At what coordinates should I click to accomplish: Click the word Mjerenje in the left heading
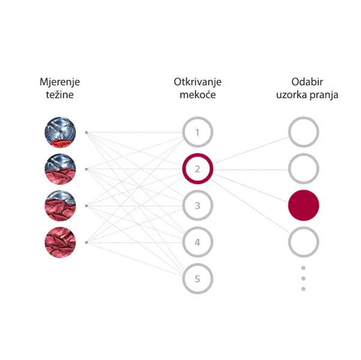(60, 82)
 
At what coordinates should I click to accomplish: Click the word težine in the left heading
(60, 95)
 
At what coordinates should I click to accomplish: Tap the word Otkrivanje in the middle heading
(198, 82)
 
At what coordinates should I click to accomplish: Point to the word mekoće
(198, 95)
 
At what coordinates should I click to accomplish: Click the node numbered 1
(198, 132)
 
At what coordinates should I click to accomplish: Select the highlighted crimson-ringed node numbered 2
(198, 169)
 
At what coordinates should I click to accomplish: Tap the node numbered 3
(198, 206)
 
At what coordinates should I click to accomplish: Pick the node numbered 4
(198, 242)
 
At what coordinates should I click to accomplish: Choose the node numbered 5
(198, 279)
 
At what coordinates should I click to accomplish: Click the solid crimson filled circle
(303, 206)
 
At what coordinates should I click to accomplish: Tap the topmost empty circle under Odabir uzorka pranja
(303, 132)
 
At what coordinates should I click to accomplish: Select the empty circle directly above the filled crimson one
(303, 169)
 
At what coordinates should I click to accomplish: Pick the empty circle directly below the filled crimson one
(303, 242)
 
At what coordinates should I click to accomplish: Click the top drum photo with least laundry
(60, 132)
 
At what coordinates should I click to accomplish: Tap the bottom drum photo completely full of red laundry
(60, 242)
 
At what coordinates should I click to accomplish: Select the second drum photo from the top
(60, 169)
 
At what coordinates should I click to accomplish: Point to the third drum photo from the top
(60, 206)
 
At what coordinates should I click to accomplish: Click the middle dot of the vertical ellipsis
(303, 278)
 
